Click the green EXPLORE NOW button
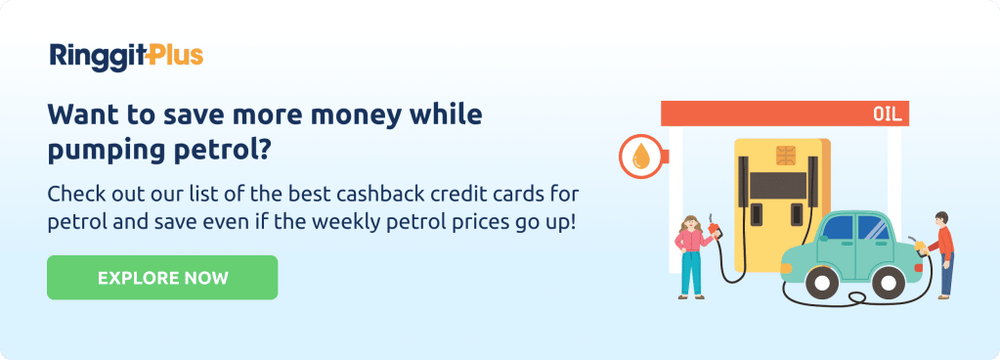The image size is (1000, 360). pyautogui.click(x=162, y=277)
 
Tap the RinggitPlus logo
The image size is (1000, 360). pyautogui.click(x=126, y=56)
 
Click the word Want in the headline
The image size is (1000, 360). pyautogui.click(x=81, y=115)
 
